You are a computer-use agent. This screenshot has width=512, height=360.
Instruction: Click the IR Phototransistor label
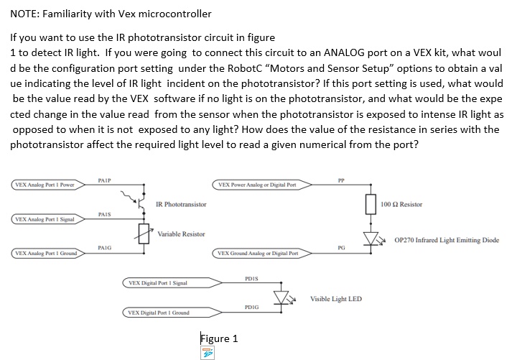[181, 205]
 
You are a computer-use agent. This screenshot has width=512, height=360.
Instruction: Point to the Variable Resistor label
[181, 234]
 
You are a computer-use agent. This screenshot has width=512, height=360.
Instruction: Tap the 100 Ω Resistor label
[402, 205]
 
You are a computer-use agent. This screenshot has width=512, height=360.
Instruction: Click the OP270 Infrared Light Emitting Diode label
[447, 240]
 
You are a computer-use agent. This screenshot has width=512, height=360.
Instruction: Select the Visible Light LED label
[335, 298]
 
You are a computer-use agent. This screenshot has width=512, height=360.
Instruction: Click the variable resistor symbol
[144, 234]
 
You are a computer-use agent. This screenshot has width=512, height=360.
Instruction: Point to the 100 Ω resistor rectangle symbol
[372, 205]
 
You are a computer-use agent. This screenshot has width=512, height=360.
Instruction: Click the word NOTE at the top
[26, 14]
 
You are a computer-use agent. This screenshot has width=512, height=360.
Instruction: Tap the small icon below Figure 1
[209, 353]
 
